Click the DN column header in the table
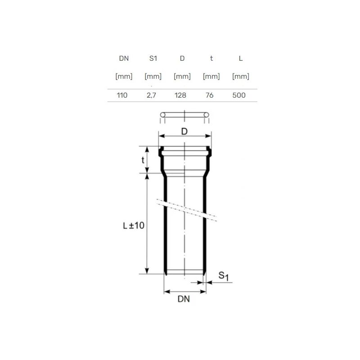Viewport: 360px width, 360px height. (x=124, y=58)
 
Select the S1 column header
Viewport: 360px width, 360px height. (x=153, y=58)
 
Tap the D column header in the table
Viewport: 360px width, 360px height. (x=182, y=58)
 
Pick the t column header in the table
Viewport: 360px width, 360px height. (x=211, y=58)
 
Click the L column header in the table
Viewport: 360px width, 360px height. (x=241, y=58)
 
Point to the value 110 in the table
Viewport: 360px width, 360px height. (x=122, y=95)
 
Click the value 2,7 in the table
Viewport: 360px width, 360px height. (x=151, y=95)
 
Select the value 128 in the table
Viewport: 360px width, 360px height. (x=180, y=95)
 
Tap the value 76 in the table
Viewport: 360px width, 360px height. (x=209, y=95)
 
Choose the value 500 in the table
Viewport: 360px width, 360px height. (x=239, y=95)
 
